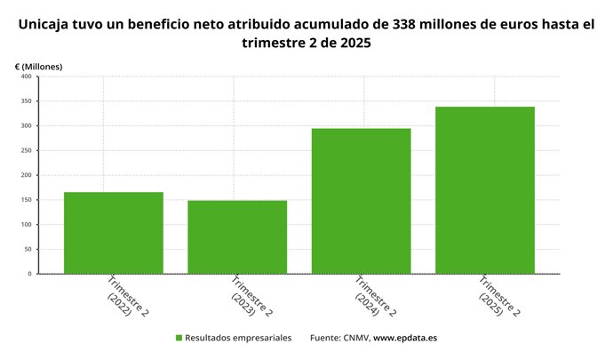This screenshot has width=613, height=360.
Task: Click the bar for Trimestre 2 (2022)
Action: [x=114, y=233]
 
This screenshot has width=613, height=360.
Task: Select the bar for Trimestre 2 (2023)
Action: [x=237, y=237]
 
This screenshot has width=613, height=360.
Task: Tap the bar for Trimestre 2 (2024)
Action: [x=361, y=201]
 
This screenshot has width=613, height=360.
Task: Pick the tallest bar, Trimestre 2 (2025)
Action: [x=484, y=190]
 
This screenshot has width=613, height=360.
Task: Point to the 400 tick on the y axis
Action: [x=26, y=76]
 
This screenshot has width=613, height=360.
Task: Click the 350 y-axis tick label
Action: [x=26, y=101]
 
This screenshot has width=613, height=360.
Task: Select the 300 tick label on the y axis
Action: [x=26, y=125]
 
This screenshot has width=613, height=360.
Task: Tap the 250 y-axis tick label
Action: [x=26, y=150]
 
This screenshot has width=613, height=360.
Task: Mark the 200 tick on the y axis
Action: [x=26, y=175]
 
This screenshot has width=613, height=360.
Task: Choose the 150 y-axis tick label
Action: [x=26, y=200]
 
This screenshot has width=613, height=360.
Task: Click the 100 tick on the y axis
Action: [x=26, y=224]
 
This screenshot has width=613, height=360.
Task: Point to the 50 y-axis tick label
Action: [x=28, y=249]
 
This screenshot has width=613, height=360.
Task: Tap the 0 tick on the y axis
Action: [x=29, y=274]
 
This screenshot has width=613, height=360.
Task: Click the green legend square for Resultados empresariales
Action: [x=179, y=338]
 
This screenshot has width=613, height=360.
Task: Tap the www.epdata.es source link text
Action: [x=405, y=338]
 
